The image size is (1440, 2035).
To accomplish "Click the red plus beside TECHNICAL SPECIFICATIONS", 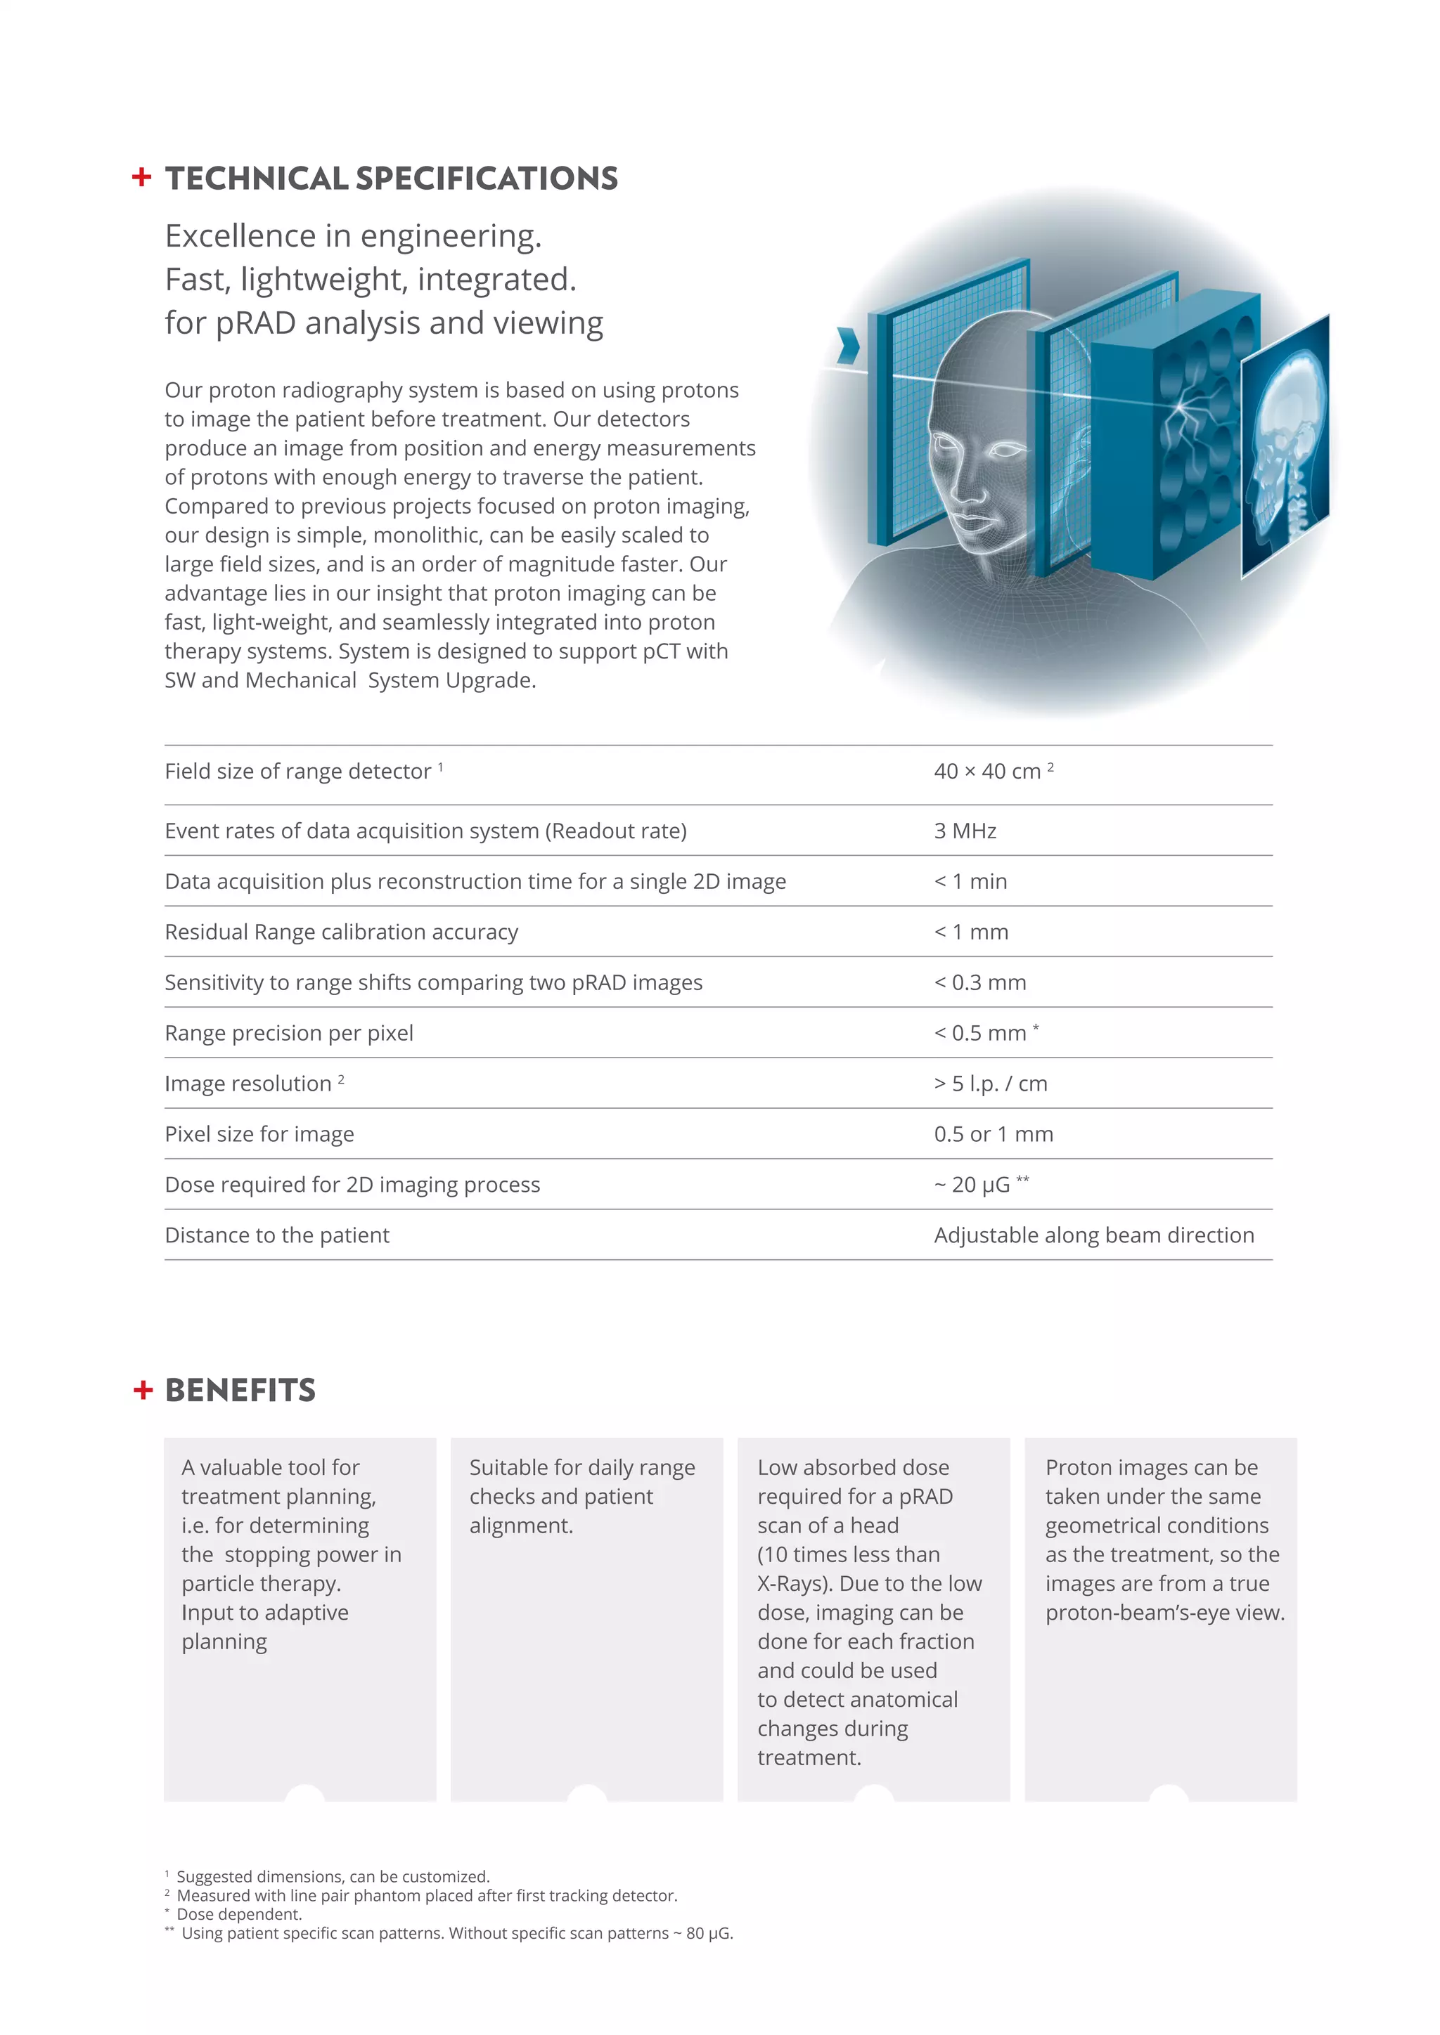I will coord(141,177).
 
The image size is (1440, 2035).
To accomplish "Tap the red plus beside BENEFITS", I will coord(143,1390).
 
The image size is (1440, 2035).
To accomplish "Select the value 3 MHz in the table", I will coord(965,831).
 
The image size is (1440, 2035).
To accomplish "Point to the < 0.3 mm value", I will coord(979,982).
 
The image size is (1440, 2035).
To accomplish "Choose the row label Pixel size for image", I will coord(259,1133).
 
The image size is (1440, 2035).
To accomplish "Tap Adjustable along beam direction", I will coord(1093,1235).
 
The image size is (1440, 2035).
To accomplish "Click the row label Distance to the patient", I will coord(276,1235).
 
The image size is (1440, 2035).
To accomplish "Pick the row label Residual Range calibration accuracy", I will coord(342,932).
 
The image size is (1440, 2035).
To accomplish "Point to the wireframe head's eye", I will coord(1004,450).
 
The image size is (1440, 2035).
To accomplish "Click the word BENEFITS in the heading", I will coord(240,1390).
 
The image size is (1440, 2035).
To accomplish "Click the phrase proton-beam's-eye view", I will coord(1164,1612).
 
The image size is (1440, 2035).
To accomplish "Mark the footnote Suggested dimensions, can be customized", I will coord(333,1875).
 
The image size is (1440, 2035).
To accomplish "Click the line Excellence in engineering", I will coord(353,236).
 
